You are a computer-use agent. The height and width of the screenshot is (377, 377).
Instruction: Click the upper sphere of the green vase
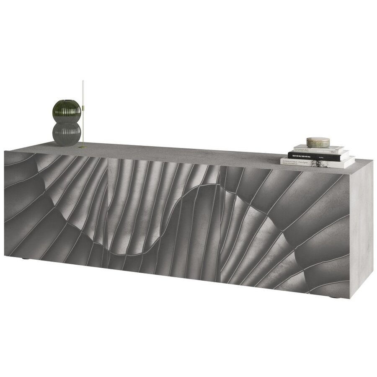coord(66,111)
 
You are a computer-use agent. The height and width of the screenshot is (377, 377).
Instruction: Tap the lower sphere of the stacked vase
coord(67,133)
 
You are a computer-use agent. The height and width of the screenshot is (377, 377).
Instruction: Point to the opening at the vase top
coord(66,101)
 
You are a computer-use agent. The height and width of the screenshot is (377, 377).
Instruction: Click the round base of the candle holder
coord(83,147)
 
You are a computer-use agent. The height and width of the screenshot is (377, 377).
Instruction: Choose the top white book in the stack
coord(318,149)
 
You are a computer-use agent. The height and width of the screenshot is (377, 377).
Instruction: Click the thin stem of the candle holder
coord(83,126)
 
